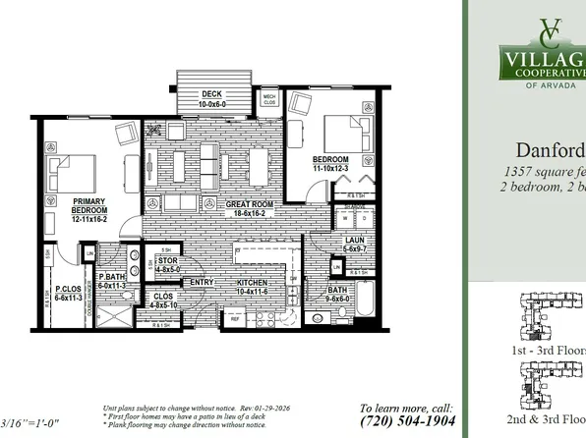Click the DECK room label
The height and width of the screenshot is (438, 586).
pos(212,94)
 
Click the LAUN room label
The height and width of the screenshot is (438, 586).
pos(355,240)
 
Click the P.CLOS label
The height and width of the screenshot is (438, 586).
pos(66,290)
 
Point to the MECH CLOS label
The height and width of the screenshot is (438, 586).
pos(268,97)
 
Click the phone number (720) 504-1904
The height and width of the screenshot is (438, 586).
pos(406,420)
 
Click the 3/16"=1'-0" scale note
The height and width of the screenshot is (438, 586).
pos(30,423)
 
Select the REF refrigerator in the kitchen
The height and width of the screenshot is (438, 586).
pos(235,318)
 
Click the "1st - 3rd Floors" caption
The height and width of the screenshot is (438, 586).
pos(547,351)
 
